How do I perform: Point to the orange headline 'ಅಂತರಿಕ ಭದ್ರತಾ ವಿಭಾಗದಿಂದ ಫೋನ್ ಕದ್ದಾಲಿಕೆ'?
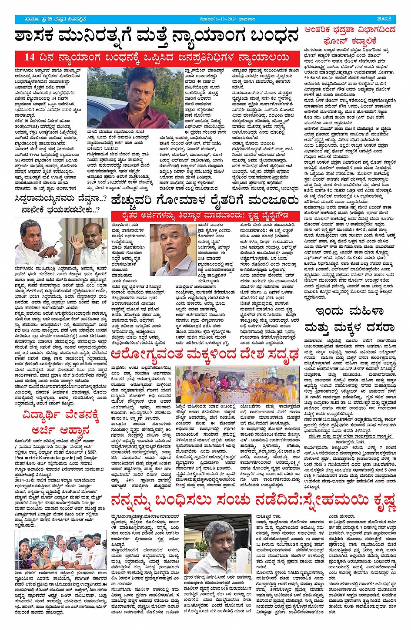point(350,35)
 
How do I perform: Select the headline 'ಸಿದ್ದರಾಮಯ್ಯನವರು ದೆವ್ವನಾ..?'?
point(60,200)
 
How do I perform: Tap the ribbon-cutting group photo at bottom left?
point(60,549)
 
